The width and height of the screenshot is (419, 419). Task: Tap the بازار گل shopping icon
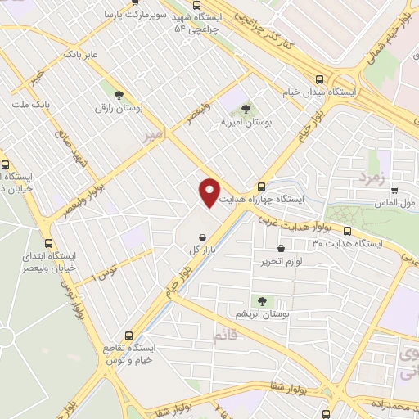click(x=201, y=237)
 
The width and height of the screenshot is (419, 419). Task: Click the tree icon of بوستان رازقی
click(x=120, y=94)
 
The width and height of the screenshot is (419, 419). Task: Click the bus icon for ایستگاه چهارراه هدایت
click(x=261, y=186)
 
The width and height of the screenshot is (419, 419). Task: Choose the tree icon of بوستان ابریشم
click(x=263, y=301)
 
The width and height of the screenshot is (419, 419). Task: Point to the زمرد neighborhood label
click(x=371, y=176)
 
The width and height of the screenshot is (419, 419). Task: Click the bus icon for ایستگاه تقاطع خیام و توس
click(x=128, y=336)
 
